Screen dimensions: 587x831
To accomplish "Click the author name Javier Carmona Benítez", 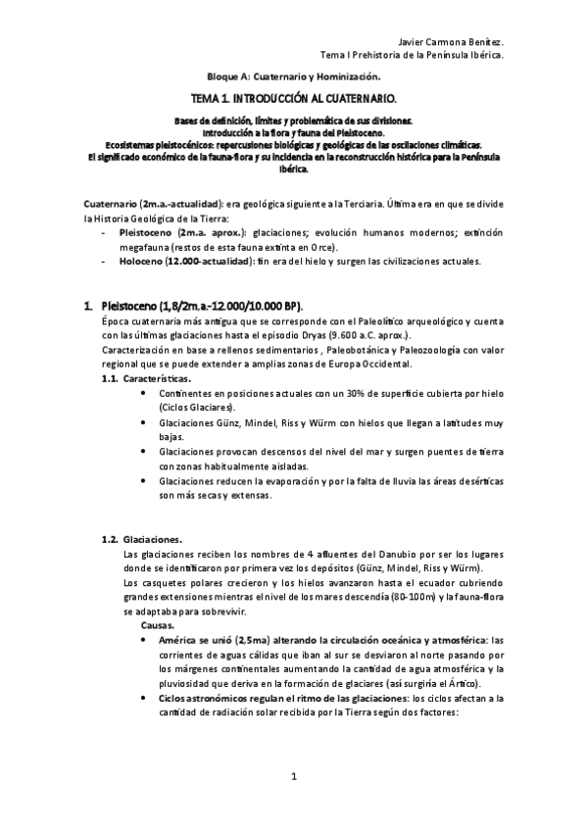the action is point(453,42).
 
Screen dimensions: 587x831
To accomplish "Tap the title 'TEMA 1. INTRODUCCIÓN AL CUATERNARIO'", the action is point(293,100).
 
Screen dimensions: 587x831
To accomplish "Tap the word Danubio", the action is point(371,555).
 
